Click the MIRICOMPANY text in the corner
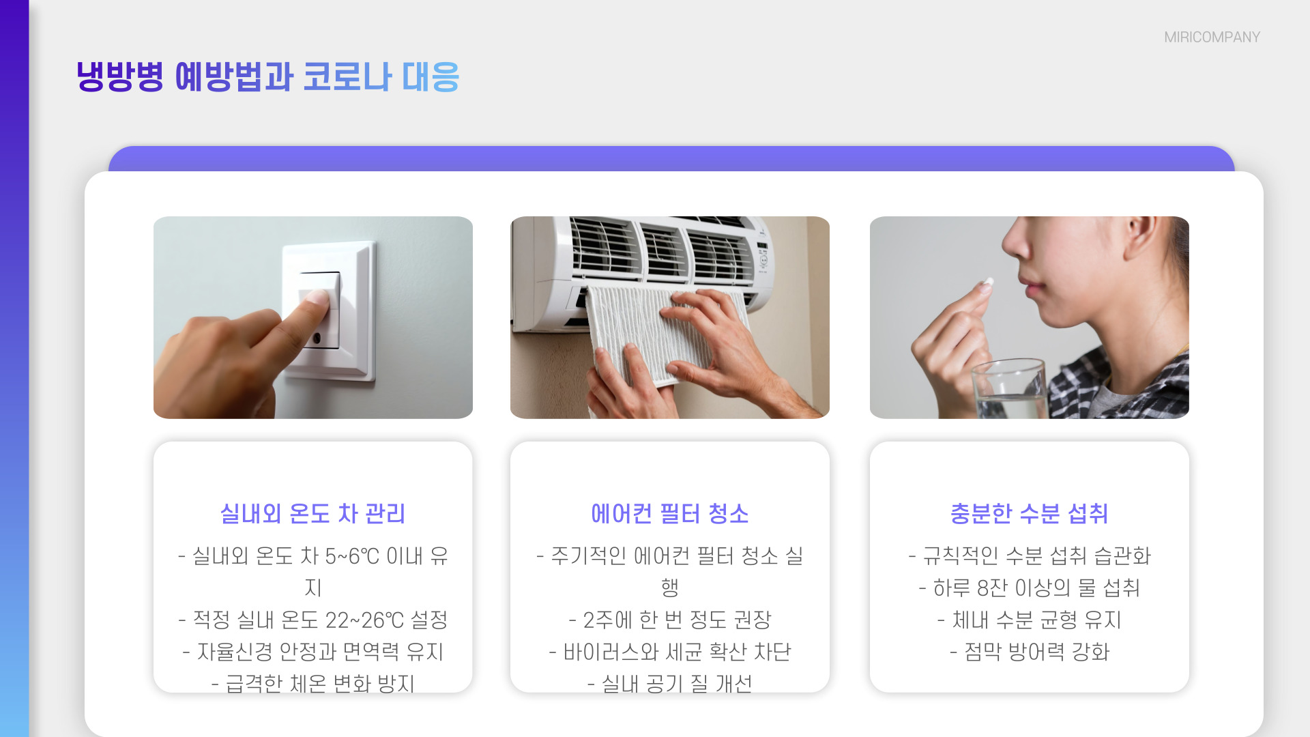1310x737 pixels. [x=1212, y=38]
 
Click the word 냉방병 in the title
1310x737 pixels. [x=119, y=76]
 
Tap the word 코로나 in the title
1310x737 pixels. [x=347, y=76]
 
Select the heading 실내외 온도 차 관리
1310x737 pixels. [x=312, y=513]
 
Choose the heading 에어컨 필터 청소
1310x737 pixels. [x=669, y=513]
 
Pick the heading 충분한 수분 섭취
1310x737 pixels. [x=1029, y=513]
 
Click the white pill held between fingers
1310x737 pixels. [x=987, y=282]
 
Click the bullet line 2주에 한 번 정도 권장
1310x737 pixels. [x=669, y=620]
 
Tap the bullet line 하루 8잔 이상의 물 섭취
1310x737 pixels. [x=1029, y=588]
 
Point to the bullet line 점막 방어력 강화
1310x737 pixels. [x=1029, y=652]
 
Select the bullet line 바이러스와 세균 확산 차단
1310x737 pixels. [x=669, y=652]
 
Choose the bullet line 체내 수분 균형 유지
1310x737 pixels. [x=1029, y=620]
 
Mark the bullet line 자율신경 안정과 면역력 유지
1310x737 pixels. [x=312, y=652]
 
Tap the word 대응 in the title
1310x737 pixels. [x=431, y=76]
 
